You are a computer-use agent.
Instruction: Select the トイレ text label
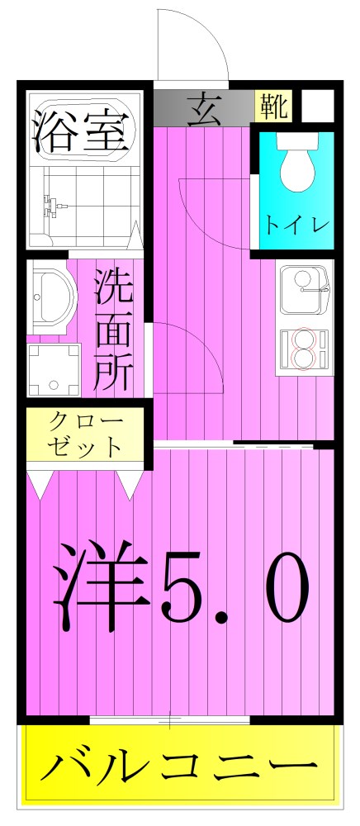point(296,223)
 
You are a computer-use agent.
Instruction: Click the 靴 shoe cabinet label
point(272,105)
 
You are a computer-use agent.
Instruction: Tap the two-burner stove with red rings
point(304,347)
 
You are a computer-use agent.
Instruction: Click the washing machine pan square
point(55,369)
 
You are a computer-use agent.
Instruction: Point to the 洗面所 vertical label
point(113,328)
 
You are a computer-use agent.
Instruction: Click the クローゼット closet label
point(86,434)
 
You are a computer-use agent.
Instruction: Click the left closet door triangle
point(40,484)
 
